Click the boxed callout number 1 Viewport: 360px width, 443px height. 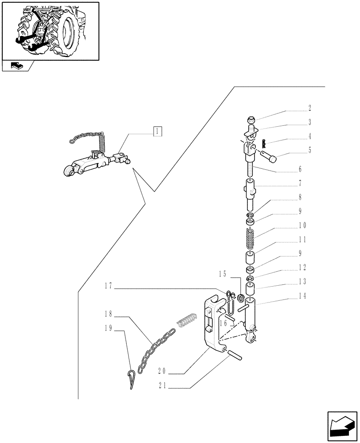point(157,131)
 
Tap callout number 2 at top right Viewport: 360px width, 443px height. point(309,108)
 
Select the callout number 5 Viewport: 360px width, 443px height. point(309,150)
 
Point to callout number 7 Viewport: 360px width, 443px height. point(300,183)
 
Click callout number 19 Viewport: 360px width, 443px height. point(107,328)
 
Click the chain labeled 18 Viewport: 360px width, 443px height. point(153,352)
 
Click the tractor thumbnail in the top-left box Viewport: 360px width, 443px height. point(50,30)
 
